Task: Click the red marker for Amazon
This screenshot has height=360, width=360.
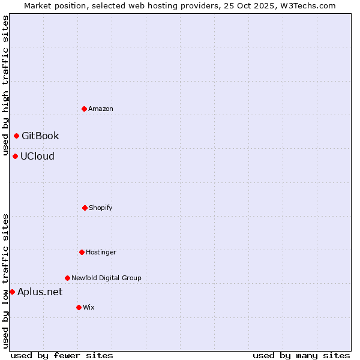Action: click(84, 109)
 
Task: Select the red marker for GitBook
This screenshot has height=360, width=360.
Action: click(16, 136)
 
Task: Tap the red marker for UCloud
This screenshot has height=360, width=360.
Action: click(15, 156)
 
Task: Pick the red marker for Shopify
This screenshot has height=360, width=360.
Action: click(85, 208)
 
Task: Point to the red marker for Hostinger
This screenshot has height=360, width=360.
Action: click(82, 252)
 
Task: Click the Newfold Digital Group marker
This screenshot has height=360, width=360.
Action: click(67, 278)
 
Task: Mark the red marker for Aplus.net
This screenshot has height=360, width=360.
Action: click(12, 292)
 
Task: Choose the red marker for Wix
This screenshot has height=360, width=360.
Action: click(79, 307)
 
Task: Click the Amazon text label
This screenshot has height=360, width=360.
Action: click(101, 109)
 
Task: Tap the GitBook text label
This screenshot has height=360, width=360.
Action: click(40, 136)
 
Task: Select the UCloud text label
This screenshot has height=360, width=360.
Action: click(37, 156)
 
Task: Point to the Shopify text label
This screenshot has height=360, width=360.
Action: click(101, 208)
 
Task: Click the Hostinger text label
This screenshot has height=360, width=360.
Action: click(101, 252)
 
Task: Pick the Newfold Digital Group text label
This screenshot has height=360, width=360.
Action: click(106, 278)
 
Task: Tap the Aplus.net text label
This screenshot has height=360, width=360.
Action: click(40, 292)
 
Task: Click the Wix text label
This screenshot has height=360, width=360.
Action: click(89, 307)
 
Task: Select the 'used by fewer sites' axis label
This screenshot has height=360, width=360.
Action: click(62, 355)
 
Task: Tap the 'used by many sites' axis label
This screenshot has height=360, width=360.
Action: click(301, 355)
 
